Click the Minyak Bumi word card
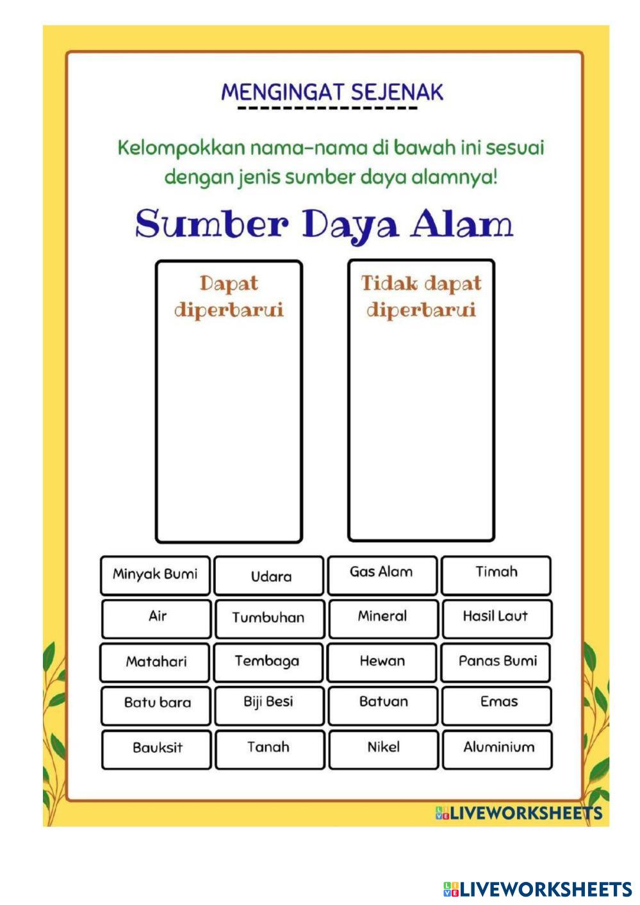click(155, 575)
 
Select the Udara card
click(269, 576)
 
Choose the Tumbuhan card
click(269, 618)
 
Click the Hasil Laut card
click(496, 617)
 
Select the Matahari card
click(155, 662)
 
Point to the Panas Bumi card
click(496, 662)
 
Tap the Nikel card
click(383, 748)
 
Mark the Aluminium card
click(497, 748)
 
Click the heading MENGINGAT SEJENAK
click(332, 92)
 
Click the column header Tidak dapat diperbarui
click(421, 297)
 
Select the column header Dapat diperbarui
click(229, 297)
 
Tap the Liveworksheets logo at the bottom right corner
click(537, 889)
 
